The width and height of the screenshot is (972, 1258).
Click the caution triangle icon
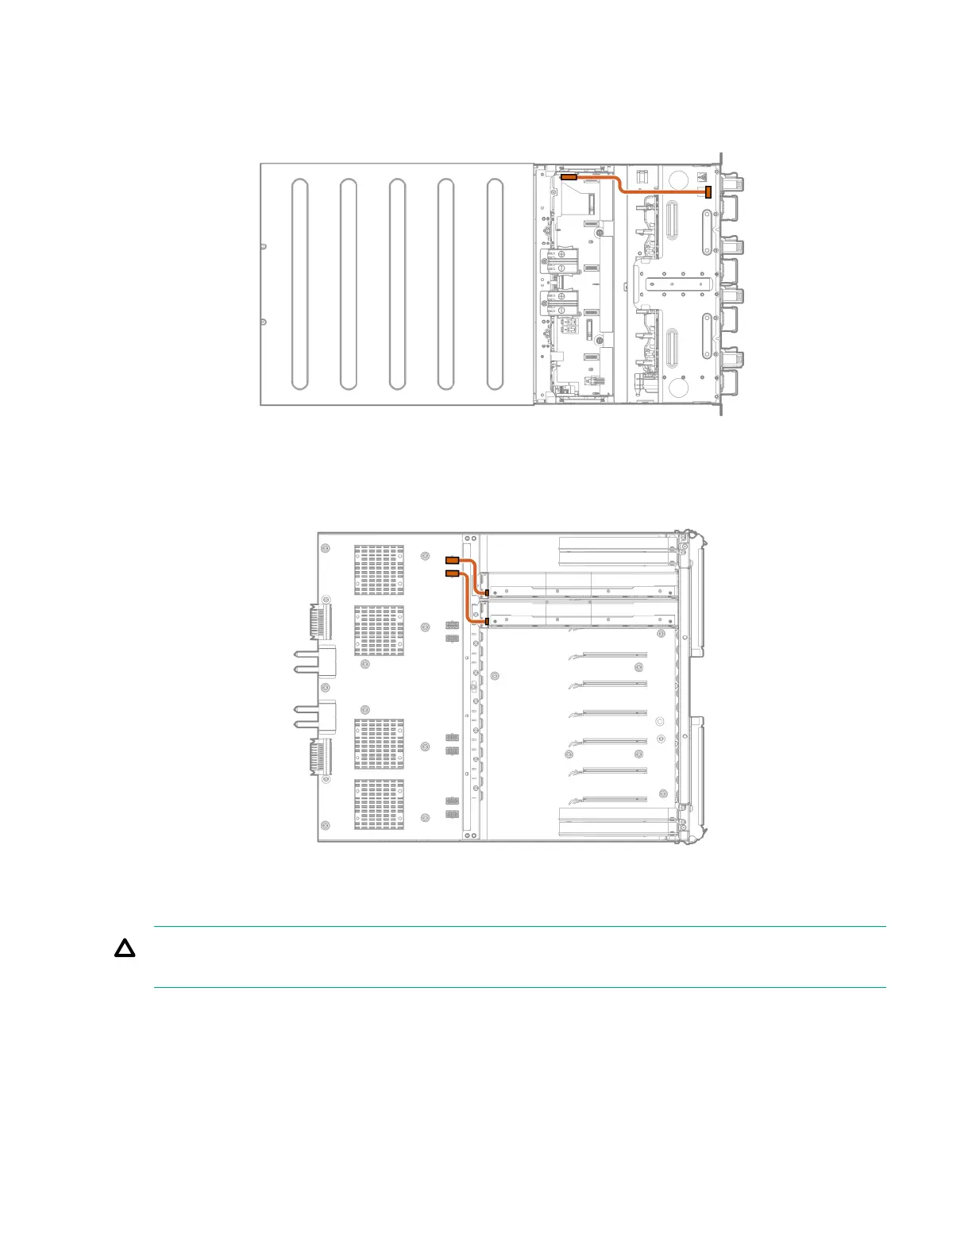click(125, 948)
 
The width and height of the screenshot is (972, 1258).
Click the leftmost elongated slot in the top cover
click(299, 284)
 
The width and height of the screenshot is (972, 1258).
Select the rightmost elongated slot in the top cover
click(495, 284)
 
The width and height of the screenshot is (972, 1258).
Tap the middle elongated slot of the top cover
click(397, 284)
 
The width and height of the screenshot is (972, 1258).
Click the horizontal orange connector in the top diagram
click(569, 177)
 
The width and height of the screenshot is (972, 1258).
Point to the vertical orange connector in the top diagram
click(708, 192)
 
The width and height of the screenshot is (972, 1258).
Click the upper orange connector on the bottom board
click(452, 560)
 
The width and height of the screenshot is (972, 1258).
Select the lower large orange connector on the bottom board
click(452, 573)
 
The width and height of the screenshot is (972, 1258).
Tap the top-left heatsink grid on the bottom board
click(379, 569)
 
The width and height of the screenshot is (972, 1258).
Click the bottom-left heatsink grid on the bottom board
click(379, 804)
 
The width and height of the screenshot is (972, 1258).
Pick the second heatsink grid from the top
click(379, 631)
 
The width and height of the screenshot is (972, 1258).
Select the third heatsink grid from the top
click(379, 744)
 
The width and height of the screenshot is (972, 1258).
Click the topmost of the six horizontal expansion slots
click(615, 655)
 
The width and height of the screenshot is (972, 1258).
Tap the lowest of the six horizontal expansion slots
click(615, 799)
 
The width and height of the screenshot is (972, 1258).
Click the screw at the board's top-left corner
click(326, 548)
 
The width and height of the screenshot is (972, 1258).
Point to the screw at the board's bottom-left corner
click(326, 828)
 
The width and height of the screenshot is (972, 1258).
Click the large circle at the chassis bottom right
click(678, 387)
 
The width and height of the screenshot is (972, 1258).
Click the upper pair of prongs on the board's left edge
click(306, 661)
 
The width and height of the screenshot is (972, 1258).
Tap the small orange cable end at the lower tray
click(487, 622)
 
